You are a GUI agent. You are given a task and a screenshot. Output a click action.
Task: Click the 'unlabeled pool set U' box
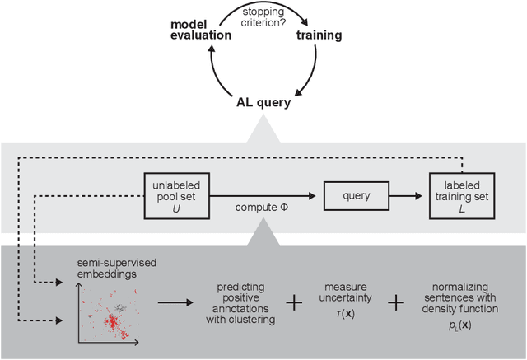[x=177, y=195]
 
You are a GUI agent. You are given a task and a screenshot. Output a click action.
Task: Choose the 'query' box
[x=354, y=195]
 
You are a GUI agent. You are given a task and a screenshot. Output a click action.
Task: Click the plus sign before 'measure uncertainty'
[x=294, y=302]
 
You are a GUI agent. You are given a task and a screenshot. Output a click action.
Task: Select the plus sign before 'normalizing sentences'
[x=397, y=302]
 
